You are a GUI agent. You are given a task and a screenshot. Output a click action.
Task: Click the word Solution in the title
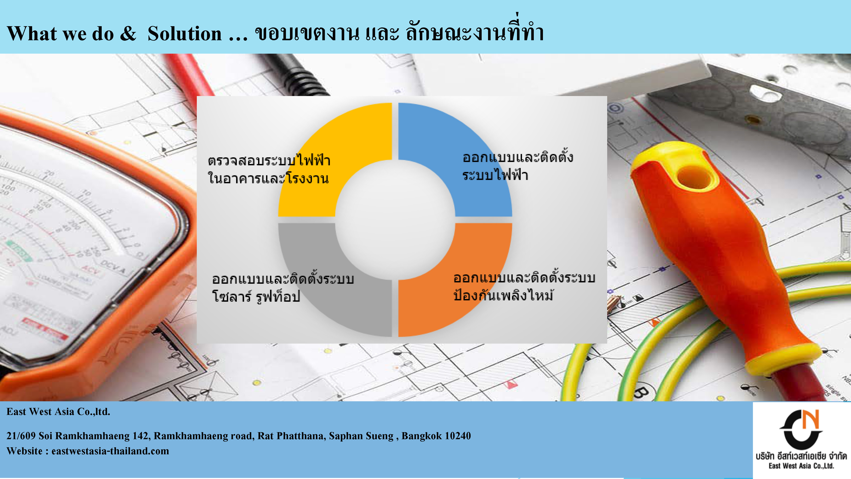point(184,34)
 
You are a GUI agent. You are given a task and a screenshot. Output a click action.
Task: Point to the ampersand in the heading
point(128,34)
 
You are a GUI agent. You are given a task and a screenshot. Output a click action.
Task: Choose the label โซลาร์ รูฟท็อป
point(256,296)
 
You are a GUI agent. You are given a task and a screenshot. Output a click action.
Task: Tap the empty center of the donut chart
point(395,220)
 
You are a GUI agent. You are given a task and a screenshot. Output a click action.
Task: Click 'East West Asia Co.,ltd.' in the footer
point(58,412)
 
